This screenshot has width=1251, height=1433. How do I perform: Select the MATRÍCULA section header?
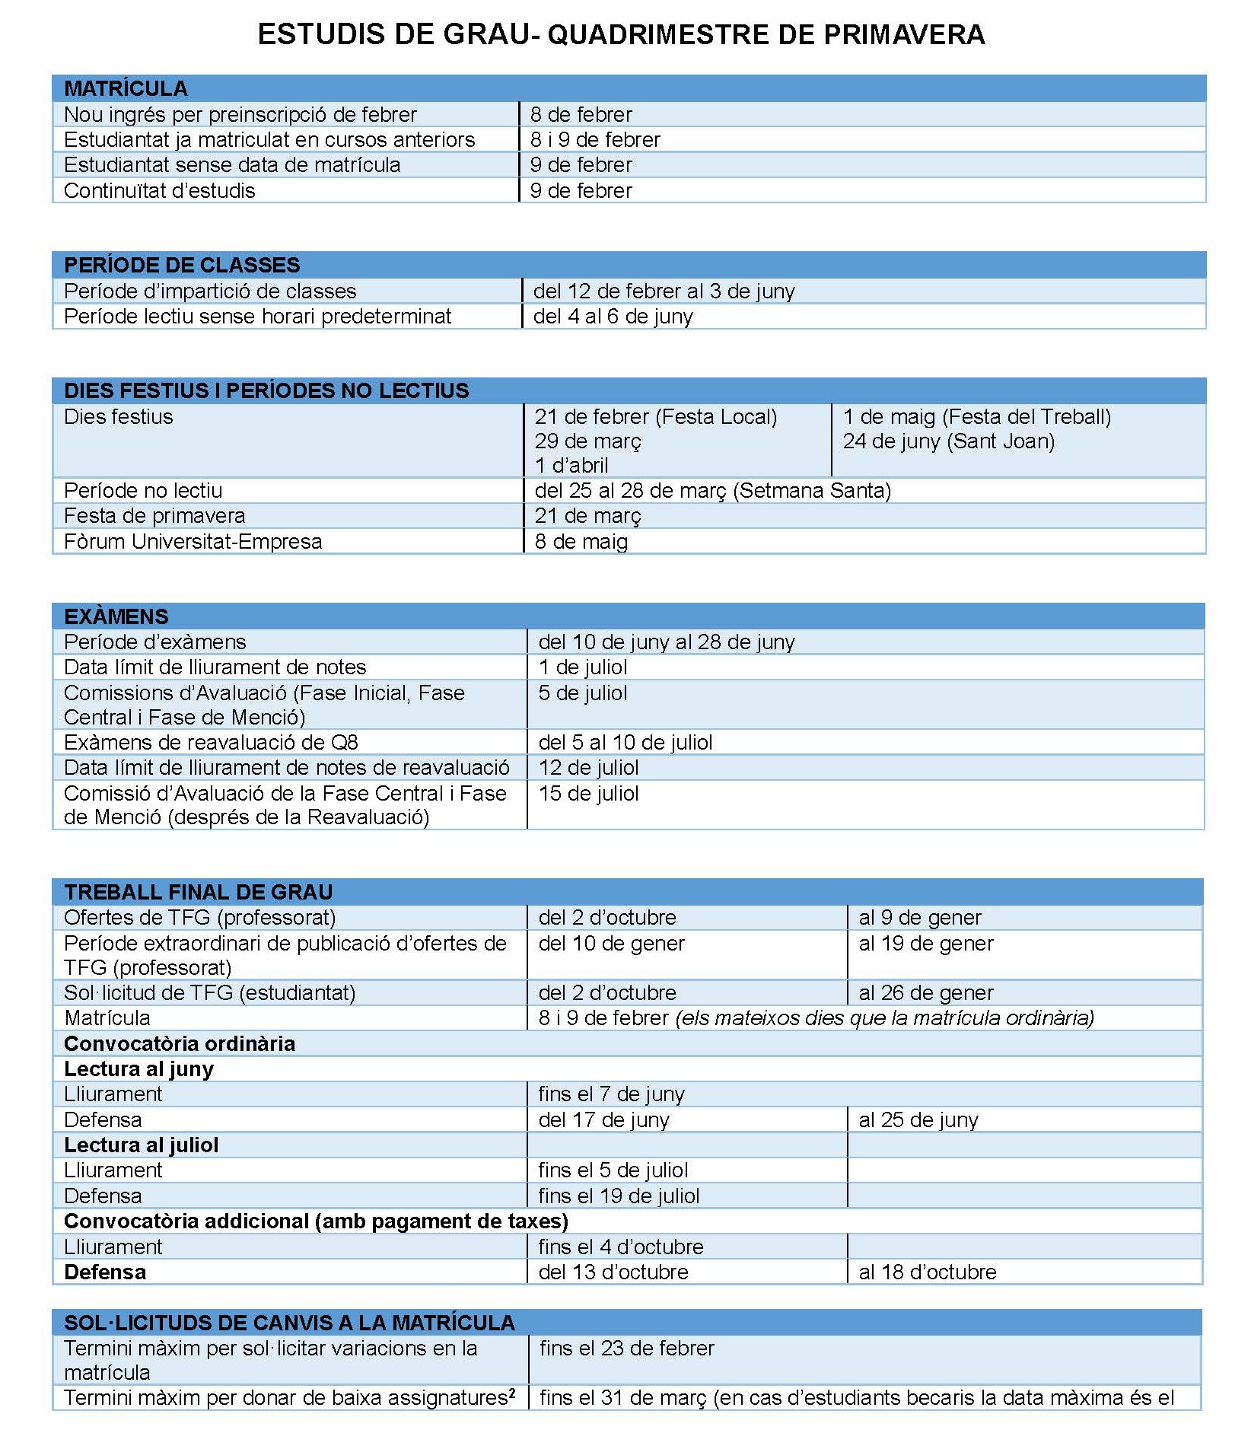click(x=126, y=88)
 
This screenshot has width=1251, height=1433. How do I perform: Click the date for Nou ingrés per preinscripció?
click(x=581, y=114)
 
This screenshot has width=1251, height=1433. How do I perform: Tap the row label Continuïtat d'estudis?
click(x=159, y=190)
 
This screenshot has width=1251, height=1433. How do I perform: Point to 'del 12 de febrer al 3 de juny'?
click(x=664, y=291)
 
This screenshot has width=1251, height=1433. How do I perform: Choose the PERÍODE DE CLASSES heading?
click(x=182, y=265)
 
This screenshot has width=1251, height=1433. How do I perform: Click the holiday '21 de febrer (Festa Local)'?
click(x=655, y=416)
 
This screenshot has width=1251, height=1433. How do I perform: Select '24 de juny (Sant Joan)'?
click(x=948, y=441)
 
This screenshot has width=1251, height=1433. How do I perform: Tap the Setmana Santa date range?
click(x=712, y=490)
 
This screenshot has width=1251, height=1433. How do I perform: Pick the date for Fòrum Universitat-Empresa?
click(x=581, y=541)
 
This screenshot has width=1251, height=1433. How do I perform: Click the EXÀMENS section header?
click(x=116, y=616)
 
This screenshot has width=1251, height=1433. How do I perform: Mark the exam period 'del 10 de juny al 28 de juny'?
click(x=666, y=642)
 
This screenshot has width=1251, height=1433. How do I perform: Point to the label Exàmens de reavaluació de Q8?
click(x=211, y=742)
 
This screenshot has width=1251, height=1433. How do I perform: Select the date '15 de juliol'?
click(x=588, y=793)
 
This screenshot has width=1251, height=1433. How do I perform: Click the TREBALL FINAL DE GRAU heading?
click(x=198, y=891)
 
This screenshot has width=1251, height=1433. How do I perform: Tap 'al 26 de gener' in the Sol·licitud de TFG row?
click(x=925, y=992)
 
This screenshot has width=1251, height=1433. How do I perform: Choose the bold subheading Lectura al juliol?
click(x=141, y=1145)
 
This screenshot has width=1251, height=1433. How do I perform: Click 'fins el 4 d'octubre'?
click(x=620, y=1247)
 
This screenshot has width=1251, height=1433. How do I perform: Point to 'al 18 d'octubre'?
click(x=927, y=1272)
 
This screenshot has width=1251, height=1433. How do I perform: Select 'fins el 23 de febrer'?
click(x=626, y=1348)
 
